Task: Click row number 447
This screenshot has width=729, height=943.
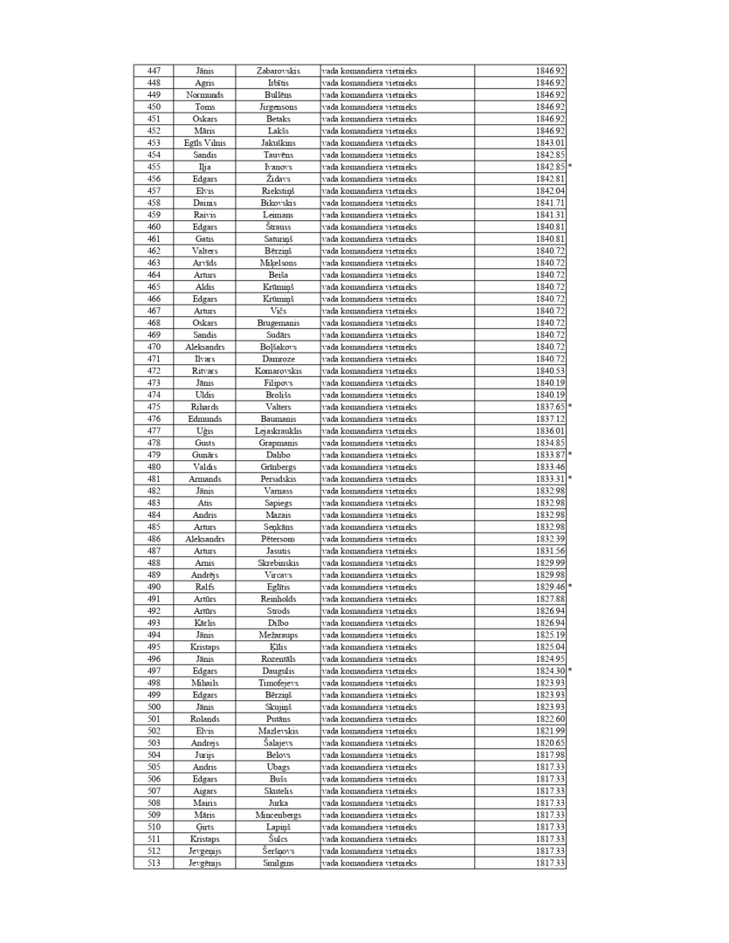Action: tap(154, 71)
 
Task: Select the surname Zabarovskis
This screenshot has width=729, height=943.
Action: tap(279, 71)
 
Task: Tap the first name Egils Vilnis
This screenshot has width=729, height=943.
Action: tap(205, 142)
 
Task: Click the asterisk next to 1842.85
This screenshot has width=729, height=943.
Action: tap(570, 167)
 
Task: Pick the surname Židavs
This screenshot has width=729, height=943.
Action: tap(279, 179)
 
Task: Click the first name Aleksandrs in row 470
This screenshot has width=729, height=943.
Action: tap(205, 347)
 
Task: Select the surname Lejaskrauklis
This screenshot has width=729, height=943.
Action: tap(279, 430)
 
